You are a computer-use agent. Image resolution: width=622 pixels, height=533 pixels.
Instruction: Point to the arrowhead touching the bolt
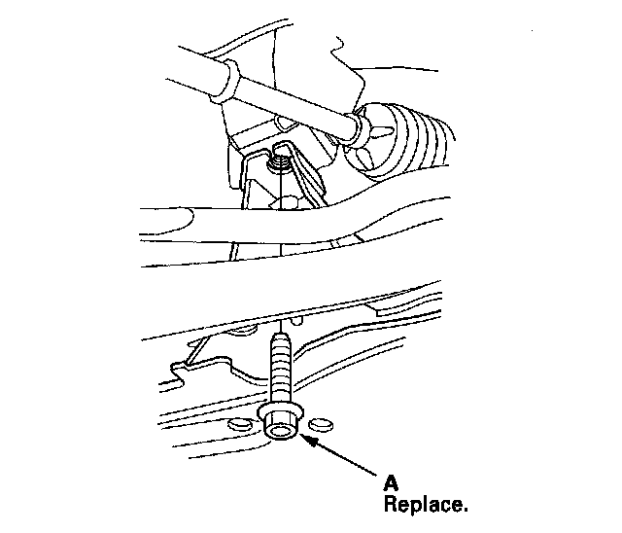[x=309, y=441]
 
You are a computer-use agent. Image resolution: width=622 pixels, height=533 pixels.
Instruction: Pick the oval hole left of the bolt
[x=239, y=423]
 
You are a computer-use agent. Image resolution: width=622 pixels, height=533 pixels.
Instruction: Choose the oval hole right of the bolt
[x=318, y=424]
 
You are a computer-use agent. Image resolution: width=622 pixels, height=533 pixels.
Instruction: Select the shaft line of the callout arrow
[x=345, y=457]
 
